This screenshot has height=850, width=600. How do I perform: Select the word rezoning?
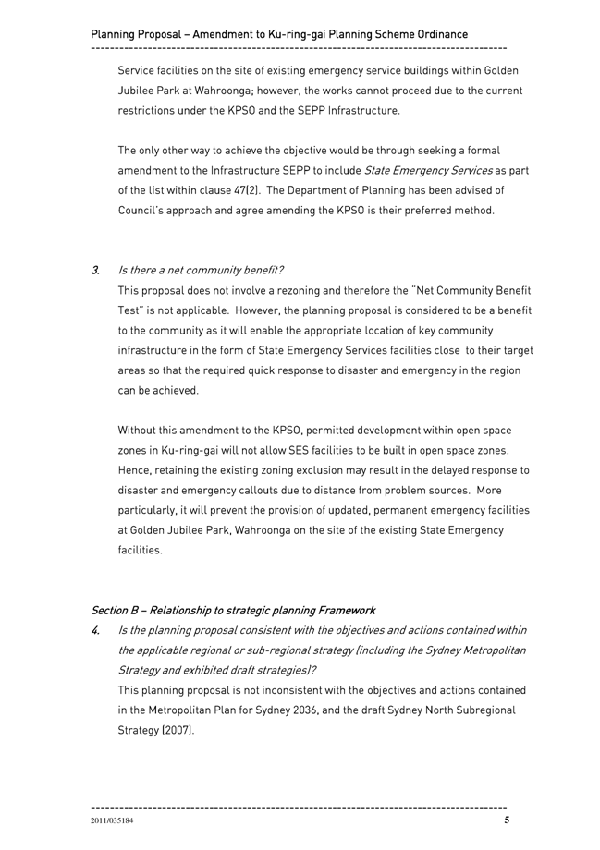click(288, 290)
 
